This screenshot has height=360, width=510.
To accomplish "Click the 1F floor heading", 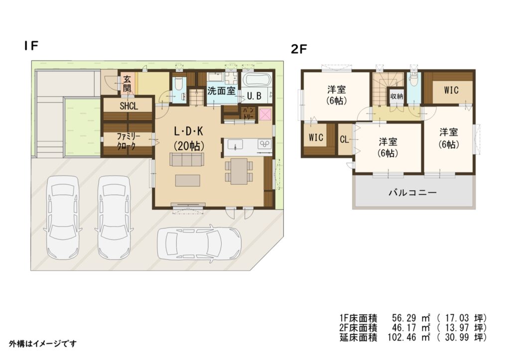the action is [31, 46].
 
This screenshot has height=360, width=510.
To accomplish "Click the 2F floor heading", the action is [299, 49].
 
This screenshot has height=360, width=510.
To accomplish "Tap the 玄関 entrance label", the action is [127, 84].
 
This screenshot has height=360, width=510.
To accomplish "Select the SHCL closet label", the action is [129, 106].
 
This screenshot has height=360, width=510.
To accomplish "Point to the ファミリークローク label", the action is [128, 141].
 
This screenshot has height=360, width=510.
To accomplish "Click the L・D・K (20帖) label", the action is [189, 138].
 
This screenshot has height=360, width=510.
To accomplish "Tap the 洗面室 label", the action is [221, 91].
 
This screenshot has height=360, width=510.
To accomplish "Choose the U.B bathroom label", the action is [254, 96].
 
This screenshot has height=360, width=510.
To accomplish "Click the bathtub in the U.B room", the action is [256, 80].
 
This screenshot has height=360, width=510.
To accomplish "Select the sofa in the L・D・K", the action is [187, 159].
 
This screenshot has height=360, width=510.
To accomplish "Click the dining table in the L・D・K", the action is [239, 171].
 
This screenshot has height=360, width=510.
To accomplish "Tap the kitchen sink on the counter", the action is [235, 144].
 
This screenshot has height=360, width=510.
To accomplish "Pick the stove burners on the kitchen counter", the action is [265, 144].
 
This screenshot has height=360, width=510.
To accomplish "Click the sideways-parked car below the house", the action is [199, 242].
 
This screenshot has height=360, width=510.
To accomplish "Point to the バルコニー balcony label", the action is [412, 193].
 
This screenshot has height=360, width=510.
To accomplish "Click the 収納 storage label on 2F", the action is [397, 96].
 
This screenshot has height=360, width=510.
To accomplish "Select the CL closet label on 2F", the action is [345, 139].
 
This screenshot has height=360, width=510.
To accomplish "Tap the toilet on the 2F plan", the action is [414, 79].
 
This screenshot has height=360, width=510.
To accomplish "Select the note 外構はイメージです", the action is [43, 344].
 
